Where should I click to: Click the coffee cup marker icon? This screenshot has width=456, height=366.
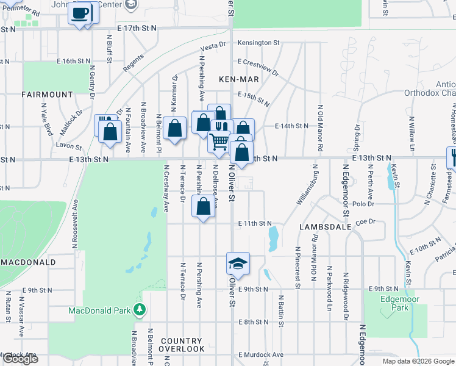click(80, 12)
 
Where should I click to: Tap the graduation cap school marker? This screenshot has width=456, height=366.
click(238, 263)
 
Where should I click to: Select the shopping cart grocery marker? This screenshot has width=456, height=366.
click(219, 142)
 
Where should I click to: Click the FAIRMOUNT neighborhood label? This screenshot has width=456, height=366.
click(47, 95)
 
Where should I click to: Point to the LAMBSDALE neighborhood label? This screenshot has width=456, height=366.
click(325, 226)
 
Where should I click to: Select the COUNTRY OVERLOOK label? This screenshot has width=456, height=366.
click(182, 345)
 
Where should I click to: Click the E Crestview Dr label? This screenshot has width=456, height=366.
click(257, 67)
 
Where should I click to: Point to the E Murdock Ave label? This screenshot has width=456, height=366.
click(261, 354)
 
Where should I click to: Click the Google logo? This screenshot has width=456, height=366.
click(20, 359)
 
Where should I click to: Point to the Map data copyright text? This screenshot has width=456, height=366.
click(418, 361)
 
